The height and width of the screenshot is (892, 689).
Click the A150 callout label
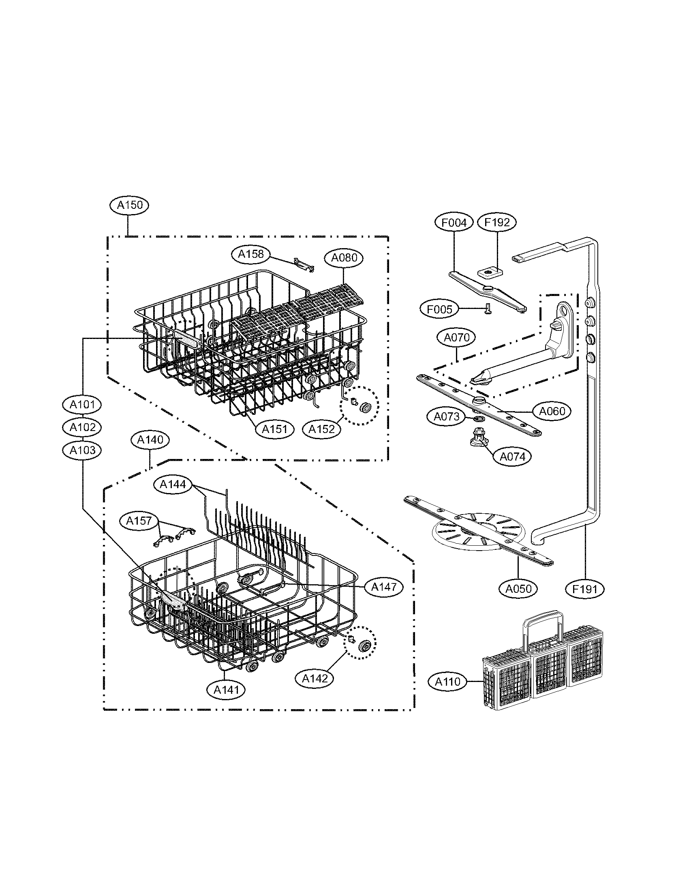click(129, 205)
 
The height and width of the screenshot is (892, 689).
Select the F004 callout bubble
click(454, 222)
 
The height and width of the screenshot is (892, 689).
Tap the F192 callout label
click(497, 222)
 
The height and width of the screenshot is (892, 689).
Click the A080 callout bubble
click(344, 258)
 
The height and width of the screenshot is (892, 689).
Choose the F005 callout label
click(439, 310)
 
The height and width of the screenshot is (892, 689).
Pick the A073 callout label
click(446, 416)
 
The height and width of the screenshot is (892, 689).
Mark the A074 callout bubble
click(512, 457)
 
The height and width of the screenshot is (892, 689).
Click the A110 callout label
click(447, 681)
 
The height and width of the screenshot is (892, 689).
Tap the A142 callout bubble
click(314, 678)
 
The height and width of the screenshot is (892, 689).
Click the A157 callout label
click(139, 521)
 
